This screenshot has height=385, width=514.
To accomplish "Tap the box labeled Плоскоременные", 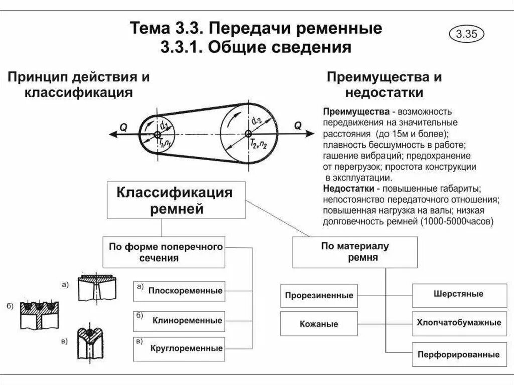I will coord(179,290).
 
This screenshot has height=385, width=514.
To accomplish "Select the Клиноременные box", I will coord(179,320).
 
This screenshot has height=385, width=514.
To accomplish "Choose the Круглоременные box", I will coord(179,347).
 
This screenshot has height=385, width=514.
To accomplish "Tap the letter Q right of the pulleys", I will coord(298,126).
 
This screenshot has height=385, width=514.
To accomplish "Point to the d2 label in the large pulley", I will coord(256,120).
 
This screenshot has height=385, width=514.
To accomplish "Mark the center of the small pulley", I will coord(157,135).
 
